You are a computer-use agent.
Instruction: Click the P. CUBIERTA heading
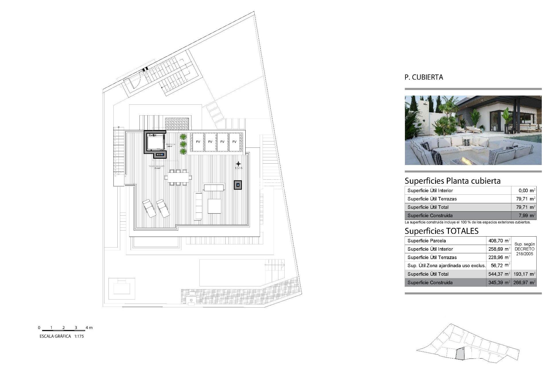pyautogui.click(x=424, y=77)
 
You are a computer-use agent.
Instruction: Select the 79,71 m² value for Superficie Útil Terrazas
pyautogui.click(x=527, y=199)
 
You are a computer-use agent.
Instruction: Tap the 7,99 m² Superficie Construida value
pyautogui.click(x=527, y=215)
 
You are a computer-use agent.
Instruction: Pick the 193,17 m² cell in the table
pyautogui.click(x=524, y=274)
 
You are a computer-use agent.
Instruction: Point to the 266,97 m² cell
pyautogui.click(x=524, y=282)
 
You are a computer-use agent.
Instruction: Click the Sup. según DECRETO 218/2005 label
pyautogui.click(x=524, y=249)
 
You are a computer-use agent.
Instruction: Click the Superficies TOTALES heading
pyautogui.click(x=441, y=231)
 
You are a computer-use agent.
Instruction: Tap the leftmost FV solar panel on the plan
pyautogui.click(x=198, y=142)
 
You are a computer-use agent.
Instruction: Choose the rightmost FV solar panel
pyautogui.click(x=234, y=142)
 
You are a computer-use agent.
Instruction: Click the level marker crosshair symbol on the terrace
pyautogui.click(x=238, y=164)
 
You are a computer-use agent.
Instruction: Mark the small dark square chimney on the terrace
pyautogui.click(x=238, y=185)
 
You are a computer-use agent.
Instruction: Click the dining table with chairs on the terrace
pyautogui.click(x=178, y=177)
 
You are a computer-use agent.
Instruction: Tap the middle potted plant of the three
pyautogui.click(x=183, y=144)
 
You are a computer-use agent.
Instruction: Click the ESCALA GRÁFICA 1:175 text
pyautogui.click(x=62, y=336)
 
